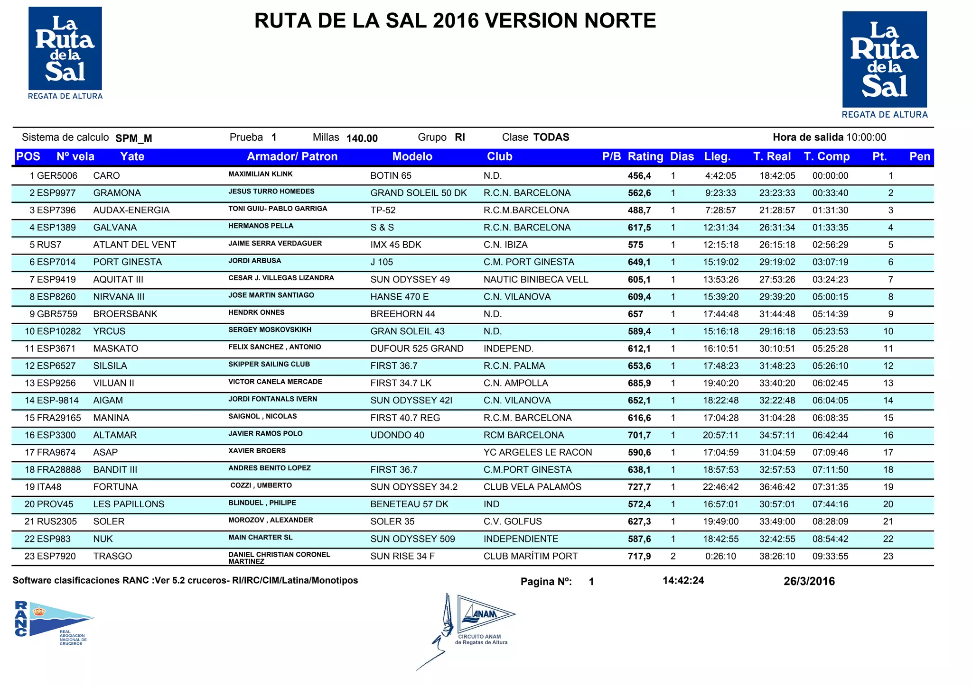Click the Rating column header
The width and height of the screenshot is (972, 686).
645,157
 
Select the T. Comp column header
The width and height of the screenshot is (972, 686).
826,157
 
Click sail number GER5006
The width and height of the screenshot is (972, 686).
57,176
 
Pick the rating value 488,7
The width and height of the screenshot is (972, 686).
639,210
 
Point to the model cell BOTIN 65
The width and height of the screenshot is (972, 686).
391,176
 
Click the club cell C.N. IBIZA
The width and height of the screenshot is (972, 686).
505,245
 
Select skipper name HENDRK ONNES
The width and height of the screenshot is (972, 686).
256,313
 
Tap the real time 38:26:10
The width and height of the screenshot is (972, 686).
777,557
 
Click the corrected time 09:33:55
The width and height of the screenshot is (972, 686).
830,557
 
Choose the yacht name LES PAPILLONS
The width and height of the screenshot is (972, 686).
129,504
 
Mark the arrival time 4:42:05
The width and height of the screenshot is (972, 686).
720,176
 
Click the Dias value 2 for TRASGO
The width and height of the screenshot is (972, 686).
673,557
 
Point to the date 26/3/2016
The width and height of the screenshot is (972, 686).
809,582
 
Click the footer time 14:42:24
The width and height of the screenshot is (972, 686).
683,581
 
